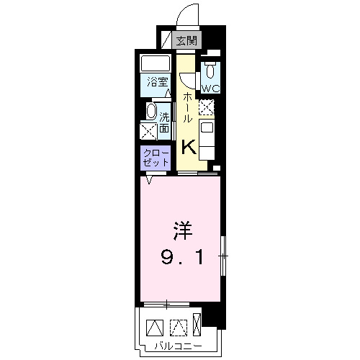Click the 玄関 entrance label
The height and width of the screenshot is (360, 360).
click(186, 41)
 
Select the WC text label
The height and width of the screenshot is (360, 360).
click(210, 88)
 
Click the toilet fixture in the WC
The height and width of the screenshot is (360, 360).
click(210, 71)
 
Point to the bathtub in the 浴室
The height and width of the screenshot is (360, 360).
click(153, 63)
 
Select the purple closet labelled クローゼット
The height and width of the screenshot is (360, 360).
click(156, 158)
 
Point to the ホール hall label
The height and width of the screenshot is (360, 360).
click(187, 107)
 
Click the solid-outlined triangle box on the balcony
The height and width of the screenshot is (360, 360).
click(154, 327)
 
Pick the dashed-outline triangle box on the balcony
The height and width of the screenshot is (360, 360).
click(177, 327)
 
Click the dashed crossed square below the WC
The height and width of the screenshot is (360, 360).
click(207, 107)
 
